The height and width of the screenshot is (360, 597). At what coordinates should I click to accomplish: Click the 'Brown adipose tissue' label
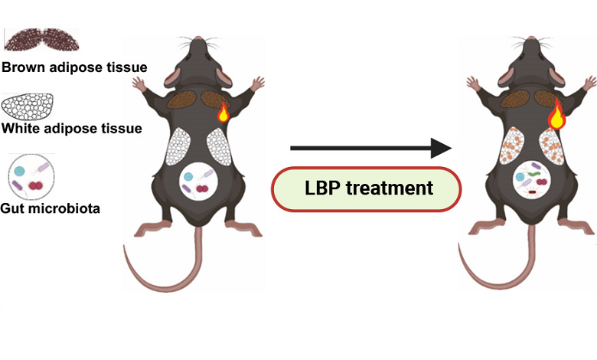(x=73, y=67)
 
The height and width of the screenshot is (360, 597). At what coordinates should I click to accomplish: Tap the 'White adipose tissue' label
(x=71, y=128)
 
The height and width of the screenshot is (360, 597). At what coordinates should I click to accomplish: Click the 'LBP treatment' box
(x=367, y=188)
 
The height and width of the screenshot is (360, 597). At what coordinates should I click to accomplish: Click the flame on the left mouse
(x=223, y=113)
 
